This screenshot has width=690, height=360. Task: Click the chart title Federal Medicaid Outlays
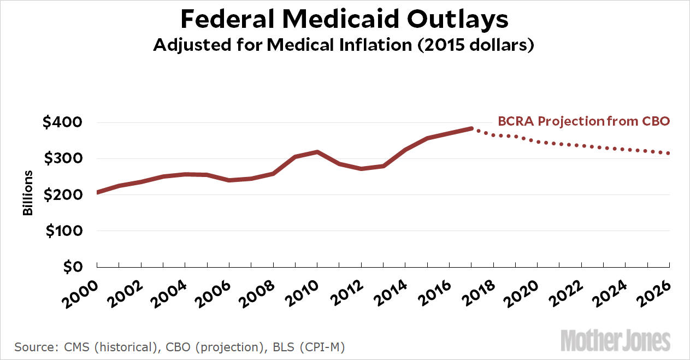coord(344,20)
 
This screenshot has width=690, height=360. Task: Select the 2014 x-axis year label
coord(391,287)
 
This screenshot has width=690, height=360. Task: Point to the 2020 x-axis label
coord(523,287)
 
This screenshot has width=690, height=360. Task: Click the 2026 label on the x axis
coord(656,287)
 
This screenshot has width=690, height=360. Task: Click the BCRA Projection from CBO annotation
coord(583,121)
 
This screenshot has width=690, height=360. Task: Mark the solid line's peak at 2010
coord(317,152)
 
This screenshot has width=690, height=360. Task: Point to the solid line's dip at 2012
coord(362,168)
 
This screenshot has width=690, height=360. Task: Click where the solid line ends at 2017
coord(471,128)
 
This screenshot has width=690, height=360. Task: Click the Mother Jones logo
coord(616,340)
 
